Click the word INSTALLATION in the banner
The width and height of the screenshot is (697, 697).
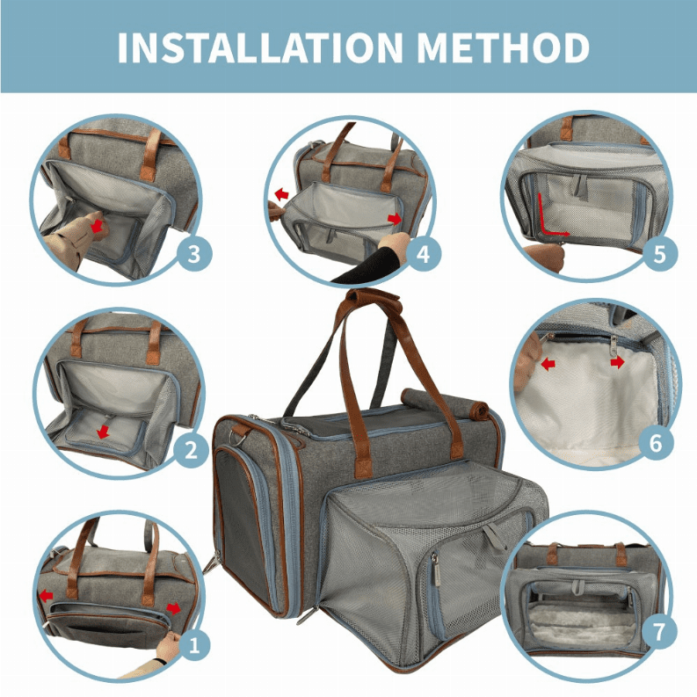pos(260,47)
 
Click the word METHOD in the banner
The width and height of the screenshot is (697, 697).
pos(503,47)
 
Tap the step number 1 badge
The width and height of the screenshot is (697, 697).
pos(194,644)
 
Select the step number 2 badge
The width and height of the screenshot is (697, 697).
pos(191,449)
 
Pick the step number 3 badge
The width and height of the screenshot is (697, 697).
pos(194,254)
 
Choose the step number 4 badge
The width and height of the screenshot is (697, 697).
pos(423,254)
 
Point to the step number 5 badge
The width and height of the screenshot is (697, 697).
pos(660,254)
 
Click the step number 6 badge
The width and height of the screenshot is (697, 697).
pos(656,443)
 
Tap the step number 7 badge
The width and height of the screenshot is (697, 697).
pos(659,630)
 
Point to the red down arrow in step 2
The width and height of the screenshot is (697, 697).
pos(103,431)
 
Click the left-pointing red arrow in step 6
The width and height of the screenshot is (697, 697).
pos(548,365)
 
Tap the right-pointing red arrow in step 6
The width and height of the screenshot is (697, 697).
pos(617,363)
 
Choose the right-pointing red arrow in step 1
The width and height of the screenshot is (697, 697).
pos(174,608)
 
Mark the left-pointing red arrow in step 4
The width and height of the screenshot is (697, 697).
pos(281,194)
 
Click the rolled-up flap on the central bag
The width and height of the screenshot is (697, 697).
pos(445,403)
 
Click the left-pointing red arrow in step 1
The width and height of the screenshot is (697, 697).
pos(46,596)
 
